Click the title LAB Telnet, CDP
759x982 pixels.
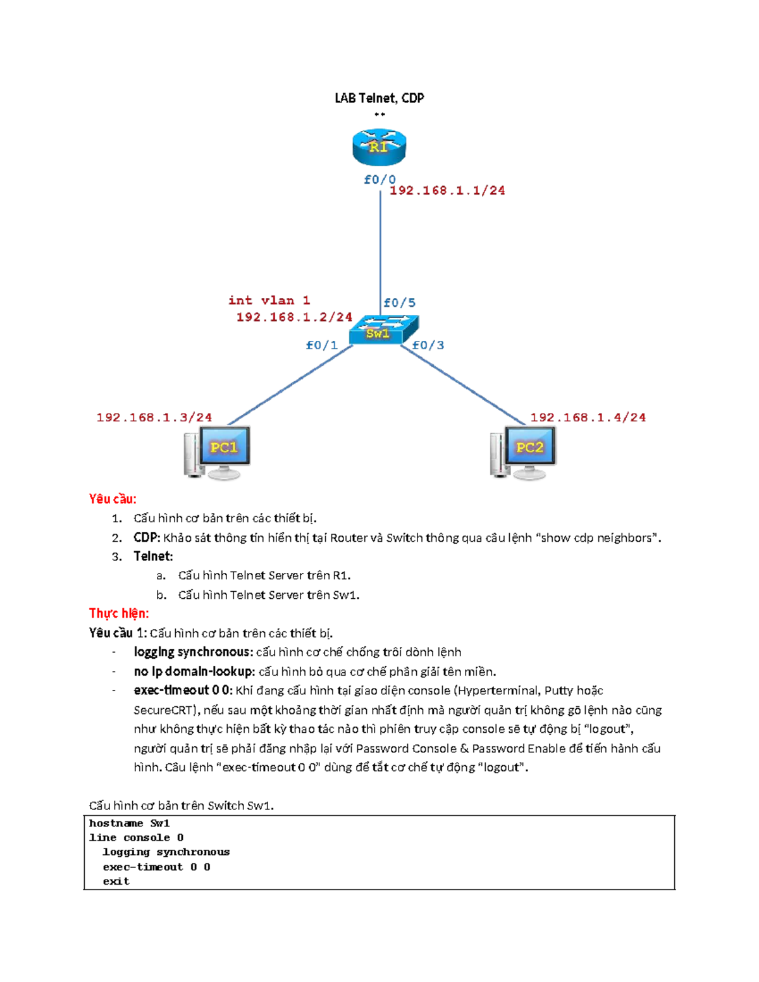(379, 98)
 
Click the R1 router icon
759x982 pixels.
(379, 147)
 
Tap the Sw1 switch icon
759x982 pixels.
(383, 329)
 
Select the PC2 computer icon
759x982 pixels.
(524, 452)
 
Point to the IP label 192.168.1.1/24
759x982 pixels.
(447, 190)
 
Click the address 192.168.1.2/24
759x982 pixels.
(294, 317)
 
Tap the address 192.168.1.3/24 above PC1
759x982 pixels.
(154, 417)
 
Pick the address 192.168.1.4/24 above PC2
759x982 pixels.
(588, 417)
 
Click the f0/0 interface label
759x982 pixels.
(379, 179)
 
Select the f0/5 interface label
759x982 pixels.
(399, 303)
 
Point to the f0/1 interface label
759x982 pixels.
(321, 345)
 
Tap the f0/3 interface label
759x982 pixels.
(428, 345)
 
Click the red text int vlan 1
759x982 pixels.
(269, 300)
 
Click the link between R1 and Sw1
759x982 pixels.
(380, 247)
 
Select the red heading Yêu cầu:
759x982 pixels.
(113, 499)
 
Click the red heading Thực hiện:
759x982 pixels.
(119, 613)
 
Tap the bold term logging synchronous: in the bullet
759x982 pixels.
(193, 652)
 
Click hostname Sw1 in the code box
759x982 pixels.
(130, 823)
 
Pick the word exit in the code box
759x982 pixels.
(116, 881)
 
